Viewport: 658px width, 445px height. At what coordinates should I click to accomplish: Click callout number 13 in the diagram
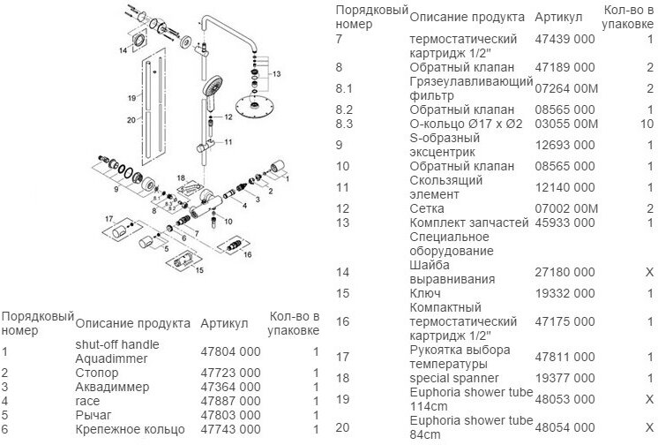pyautogui.click(x=276, y=73)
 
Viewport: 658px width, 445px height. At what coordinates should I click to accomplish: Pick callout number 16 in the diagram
pyautogui.click(x=248, y=253)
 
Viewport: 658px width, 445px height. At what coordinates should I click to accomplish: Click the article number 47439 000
pyautogui.click(x=565, y=41)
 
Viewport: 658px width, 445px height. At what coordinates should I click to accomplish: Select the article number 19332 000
pyautogui.click(x=565, y=293)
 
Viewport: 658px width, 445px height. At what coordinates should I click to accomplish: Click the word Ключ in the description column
pyautogui.click(x=424, y=293)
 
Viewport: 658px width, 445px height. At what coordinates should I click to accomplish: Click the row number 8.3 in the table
pyautogui.click(x=345, y=124)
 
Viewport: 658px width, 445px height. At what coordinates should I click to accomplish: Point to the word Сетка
pyautogui.click(x=427, y=208)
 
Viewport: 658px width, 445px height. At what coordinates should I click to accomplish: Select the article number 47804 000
pyautogui.click(x=231, y=351)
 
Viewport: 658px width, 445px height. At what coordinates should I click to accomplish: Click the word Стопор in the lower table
pyautogui.click(x=96, y=373)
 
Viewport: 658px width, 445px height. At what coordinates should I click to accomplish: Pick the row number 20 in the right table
pyautogui.click(x=343, y=427)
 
